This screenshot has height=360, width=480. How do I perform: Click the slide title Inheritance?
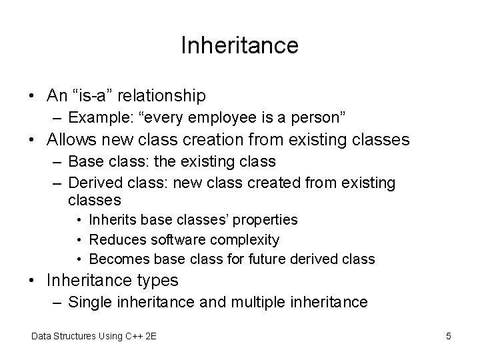click(x=239, y=45)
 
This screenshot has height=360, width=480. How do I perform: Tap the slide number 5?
click(x=449, y=337)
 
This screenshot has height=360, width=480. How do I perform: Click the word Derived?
click(x=94, y=182)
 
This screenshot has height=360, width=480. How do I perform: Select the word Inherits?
click(x=111, y=220)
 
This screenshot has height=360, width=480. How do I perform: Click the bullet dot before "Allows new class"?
click(x=33, y=140)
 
